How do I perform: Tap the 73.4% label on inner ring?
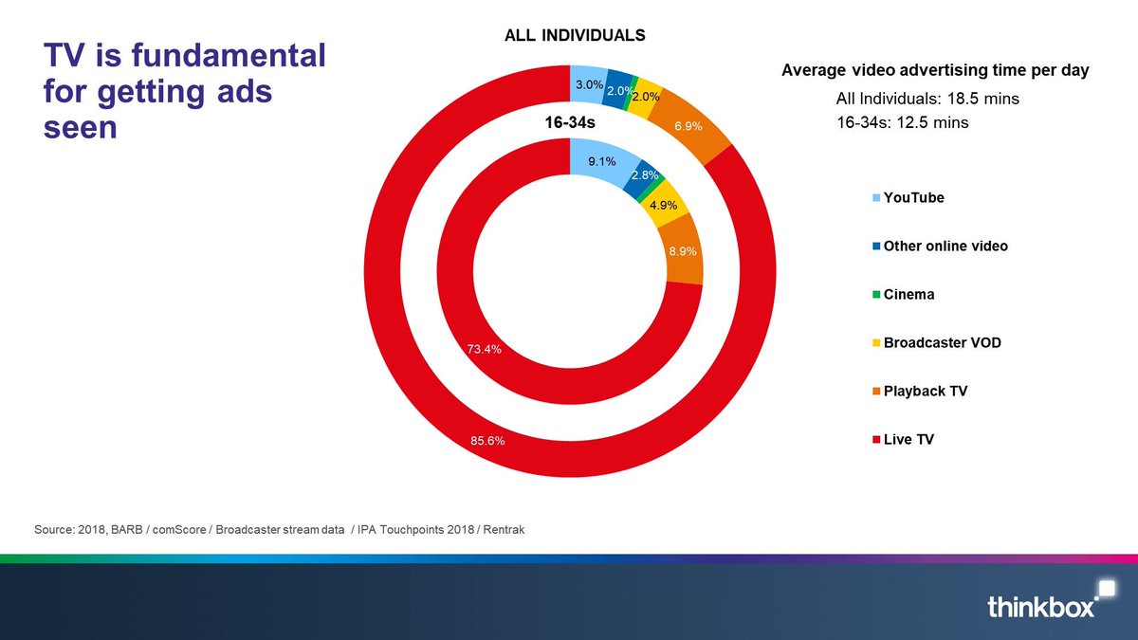[x=484, y=349]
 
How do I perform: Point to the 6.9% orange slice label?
[x=689, y=125]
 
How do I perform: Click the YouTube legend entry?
[x=913, y=198]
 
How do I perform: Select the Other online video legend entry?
[x=945, y=246]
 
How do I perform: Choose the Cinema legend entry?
[x=909, y=294]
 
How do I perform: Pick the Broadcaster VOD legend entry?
[x=942, y=342]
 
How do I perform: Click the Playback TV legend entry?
[x=925, y=391]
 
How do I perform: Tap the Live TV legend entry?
[x=909, y=439]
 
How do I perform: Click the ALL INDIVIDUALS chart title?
[x=573, y=35]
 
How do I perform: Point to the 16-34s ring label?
[x=569, y=123]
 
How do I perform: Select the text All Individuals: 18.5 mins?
[x=927, y=99]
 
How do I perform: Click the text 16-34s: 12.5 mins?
[x=902, y=122]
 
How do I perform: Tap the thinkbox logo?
[x=1042, y=603]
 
